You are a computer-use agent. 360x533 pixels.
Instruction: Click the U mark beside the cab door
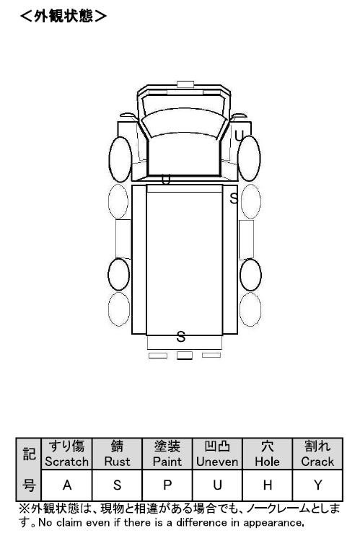[239, 136]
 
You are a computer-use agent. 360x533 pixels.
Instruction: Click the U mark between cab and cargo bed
[165, 180]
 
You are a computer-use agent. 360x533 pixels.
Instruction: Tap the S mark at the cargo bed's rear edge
[181, 337]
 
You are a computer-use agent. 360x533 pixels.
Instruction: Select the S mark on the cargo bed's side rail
[234, 198]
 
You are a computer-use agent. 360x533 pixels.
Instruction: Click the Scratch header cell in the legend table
[66, 454]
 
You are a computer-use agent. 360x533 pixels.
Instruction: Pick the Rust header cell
[117, 454]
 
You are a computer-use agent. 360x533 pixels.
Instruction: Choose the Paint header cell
[167, 454]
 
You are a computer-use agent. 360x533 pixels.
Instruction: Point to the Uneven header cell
[217, 454]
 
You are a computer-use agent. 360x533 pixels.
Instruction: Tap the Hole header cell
[267, 454]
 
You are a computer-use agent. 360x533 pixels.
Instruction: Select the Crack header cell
[317, 454]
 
